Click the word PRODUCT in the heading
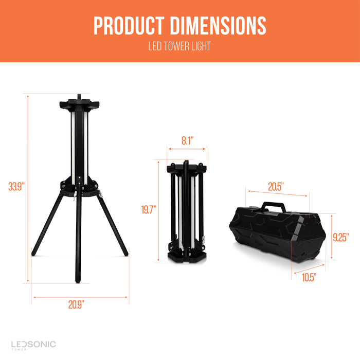(129, 26)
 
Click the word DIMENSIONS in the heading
(218, 26)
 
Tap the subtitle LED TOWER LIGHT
(179, 46)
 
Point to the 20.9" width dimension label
(76, 304)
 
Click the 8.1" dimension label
(188, 140)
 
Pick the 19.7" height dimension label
(149, 210)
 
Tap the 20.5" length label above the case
(276, 187)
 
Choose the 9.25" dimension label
(341, 237)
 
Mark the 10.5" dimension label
(309, 277)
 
